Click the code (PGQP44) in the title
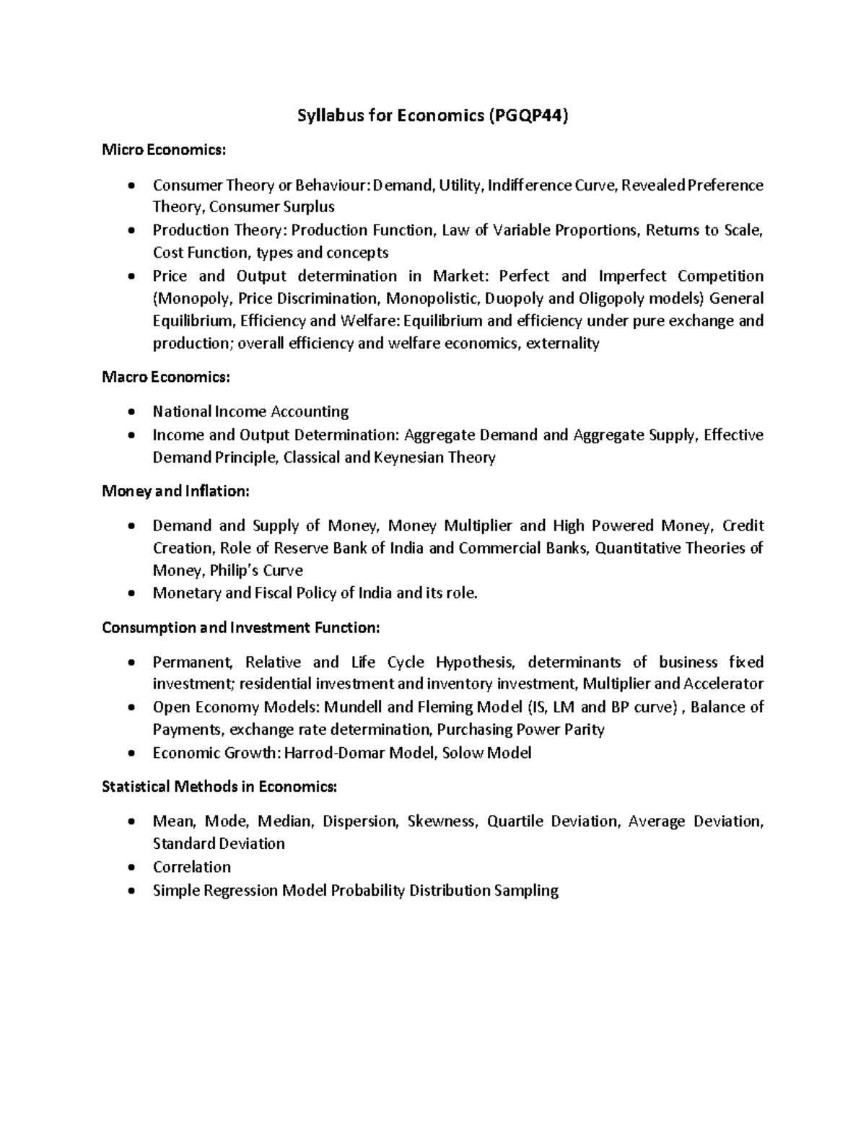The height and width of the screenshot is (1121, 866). [528, 115]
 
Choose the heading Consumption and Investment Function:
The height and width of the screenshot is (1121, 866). [240, 627]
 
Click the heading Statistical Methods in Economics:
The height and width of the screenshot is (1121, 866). [219, 786]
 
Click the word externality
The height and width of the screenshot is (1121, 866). [563, 344]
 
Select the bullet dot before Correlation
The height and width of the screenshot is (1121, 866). [130, 868]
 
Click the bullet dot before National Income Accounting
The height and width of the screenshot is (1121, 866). [130, 412]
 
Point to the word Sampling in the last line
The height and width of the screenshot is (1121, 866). [526, 891]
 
